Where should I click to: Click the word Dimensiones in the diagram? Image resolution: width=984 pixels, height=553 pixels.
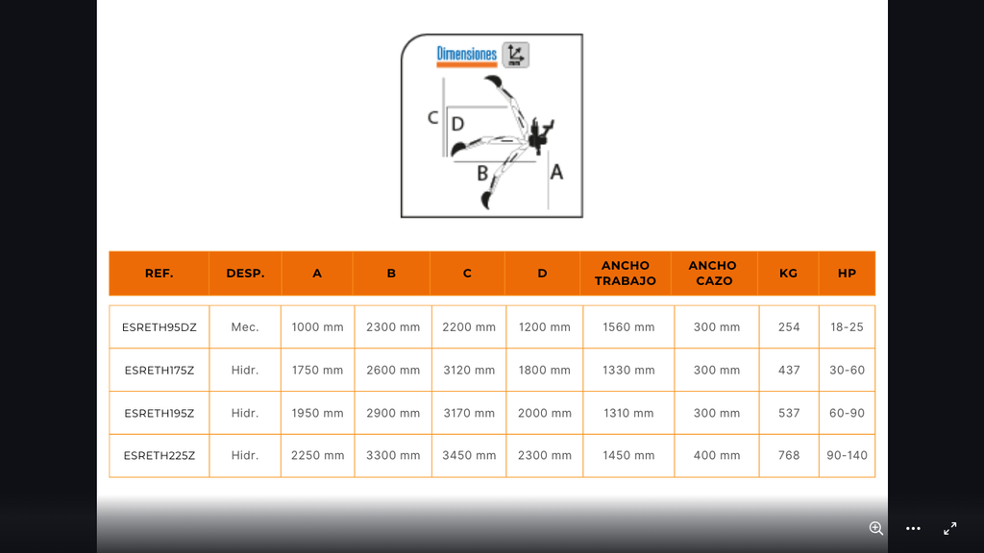466,55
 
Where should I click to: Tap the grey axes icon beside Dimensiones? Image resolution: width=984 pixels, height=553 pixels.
516,55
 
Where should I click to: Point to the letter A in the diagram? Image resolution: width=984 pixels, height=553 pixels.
556,172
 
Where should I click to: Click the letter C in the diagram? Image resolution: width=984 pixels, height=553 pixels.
432,118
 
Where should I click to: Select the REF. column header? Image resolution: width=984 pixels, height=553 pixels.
159,274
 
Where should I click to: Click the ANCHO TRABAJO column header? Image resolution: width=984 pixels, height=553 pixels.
626,274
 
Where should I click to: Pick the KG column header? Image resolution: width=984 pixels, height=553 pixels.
788,274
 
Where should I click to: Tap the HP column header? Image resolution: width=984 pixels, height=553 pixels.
848,274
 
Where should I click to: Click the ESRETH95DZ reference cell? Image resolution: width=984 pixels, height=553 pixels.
160,327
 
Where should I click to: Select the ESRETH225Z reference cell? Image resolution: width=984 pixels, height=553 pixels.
160,456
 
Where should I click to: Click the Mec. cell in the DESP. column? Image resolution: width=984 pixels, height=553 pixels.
245,327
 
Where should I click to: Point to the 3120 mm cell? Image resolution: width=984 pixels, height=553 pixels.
469,370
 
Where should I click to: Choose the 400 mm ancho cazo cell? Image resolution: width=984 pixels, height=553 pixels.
717,456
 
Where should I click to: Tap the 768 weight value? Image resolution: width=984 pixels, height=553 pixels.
789,456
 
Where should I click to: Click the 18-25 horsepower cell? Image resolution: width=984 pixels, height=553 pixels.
848,327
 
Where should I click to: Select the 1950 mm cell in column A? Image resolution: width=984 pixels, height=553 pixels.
317,413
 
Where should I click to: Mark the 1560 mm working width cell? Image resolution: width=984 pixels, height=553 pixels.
628,327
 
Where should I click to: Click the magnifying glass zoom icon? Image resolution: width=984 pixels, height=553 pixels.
876,529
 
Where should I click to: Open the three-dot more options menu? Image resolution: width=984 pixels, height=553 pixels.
913,529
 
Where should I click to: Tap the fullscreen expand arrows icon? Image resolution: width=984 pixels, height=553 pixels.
950,529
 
